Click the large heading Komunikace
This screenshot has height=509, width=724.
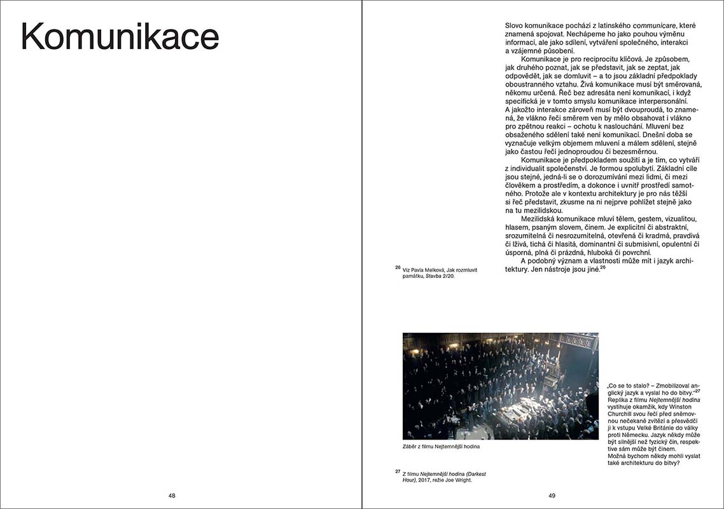point(120,37)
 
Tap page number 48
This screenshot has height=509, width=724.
point(172,496)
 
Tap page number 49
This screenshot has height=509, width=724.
point(552,496)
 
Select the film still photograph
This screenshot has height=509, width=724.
point(500,386)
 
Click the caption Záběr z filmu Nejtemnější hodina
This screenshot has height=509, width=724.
point(441,447)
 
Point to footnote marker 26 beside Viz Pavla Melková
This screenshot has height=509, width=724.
point(398,267)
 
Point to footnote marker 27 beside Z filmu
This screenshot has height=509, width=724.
point(398,471)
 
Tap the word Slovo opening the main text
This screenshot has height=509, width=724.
point(516,25)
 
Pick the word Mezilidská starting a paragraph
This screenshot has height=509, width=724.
point(541,219)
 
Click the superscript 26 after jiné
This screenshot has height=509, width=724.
point(602,267)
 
